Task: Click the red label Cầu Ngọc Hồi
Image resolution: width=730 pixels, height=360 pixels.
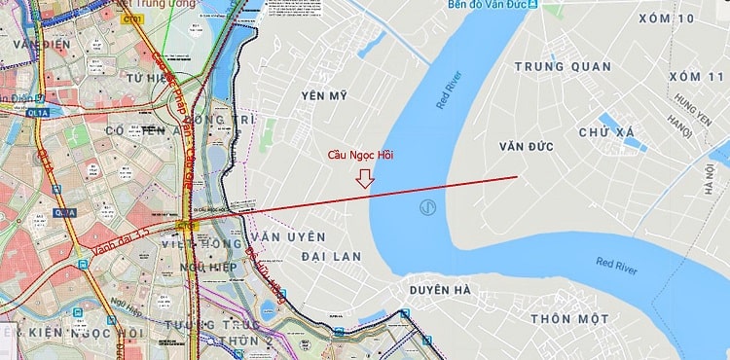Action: click(359, 155)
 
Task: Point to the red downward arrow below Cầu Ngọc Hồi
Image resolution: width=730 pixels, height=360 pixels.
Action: click(365, 178)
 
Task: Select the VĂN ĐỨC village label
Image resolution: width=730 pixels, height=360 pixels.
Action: click(526, 146)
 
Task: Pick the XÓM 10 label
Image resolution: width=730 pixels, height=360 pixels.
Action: click(667, 18)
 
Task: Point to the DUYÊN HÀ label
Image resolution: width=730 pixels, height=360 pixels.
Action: click(440, 290)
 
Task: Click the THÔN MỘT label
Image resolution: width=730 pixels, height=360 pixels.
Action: click(569, 318)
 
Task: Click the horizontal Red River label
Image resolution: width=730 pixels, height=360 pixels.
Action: click(616, 265)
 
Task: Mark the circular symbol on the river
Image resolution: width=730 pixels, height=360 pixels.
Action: click(426, 207)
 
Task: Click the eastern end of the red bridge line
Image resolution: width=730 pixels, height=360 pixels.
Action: click(517, 176)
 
